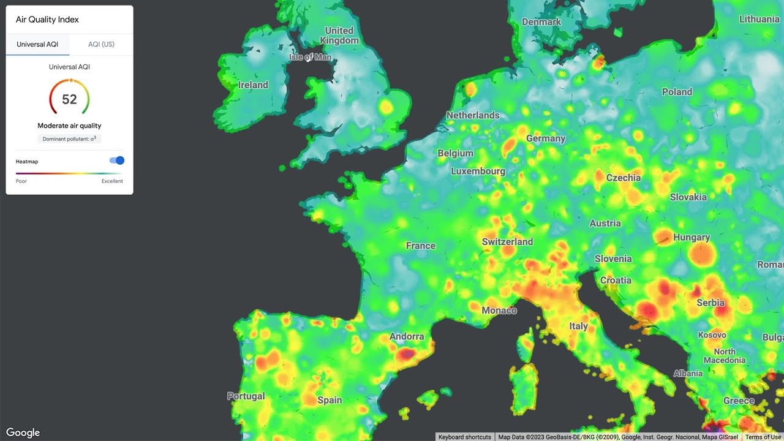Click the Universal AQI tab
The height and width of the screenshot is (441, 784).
(x=37, y=45)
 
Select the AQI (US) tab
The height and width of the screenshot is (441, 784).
(x=101, y=45)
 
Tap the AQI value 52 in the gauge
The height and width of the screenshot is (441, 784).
(x=69, y=99)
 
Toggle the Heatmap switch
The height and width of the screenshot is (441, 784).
(x=116, y=160)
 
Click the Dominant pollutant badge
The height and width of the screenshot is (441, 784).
(x=69, y=139)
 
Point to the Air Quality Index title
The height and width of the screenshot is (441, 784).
(x=47, y=20)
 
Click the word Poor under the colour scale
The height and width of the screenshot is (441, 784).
(x=21, y=181)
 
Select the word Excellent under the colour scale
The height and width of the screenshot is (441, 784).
(x=112, y=181)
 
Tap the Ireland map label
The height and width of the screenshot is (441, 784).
(x=253, y=85)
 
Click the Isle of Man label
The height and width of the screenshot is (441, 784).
(x=310, y=57)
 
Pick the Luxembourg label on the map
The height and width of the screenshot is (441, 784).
(x=478, y=171)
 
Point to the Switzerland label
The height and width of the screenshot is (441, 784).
(x=507, y=242)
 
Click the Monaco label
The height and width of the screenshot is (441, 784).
(x=499, y=311)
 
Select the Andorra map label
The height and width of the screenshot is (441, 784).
(x=407, y=336)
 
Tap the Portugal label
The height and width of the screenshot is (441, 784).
(x=246, y=396)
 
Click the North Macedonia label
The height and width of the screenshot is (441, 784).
(x=725, y=356)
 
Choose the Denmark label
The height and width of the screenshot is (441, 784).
(x=541, y=22)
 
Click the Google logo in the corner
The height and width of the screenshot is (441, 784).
(x=23, y=432)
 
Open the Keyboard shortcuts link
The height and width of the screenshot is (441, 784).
(x=465, y=437)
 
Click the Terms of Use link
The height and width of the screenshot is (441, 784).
(x=763, y=437)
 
